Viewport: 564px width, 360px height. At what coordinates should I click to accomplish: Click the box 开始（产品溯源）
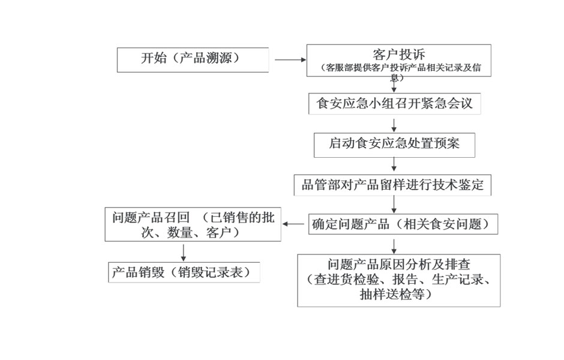pos(193,60)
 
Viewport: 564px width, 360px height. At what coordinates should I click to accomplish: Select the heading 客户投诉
pos(398,55)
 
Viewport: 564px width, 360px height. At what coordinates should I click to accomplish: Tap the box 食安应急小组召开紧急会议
pos(395,104)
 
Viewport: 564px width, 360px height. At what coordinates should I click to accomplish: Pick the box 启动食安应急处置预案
pos(394,145)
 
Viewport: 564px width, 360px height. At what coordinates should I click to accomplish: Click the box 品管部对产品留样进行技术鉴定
pos(392,185)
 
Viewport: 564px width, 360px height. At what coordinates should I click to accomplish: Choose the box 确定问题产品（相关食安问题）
pos(403,224)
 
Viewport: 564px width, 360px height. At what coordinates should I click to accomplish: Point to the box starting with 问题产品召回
pos(193,224)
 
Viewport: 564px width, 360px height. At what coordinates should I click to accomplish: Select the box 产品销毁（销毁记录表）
pos(184,272)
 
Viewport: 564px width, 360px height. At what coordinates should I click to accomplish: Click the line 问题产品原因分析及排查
pos(399,265)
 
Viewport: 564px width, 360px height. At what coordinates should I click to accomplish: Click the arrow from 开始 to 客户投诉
pos(290,60)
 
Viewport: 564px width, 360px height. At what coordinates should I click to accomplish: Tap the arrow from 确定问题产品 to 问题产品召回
pos(293,224)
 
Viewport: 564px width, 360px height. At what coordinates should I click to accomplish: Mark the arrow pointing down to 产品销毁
pos(184,253)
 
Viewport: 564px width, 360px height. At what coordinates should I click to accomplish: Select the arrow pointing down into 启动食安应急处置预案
pos(394,125)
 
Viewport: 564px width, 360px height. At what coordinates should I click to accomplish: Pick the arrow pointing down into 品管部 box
pos(394,164)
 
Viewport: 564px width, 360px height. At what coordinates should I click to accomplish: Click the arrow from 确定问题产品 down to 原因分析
pos(394,247)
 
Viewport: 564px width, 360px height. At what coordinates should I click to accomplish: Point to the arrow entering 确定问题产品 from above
pos(394,205)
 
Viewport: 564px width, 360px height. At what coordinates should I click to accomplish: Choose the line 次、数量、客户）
pos(191,233)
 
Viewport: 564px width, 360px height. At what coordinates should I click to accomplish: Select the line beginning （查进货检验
pos(398,280)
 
